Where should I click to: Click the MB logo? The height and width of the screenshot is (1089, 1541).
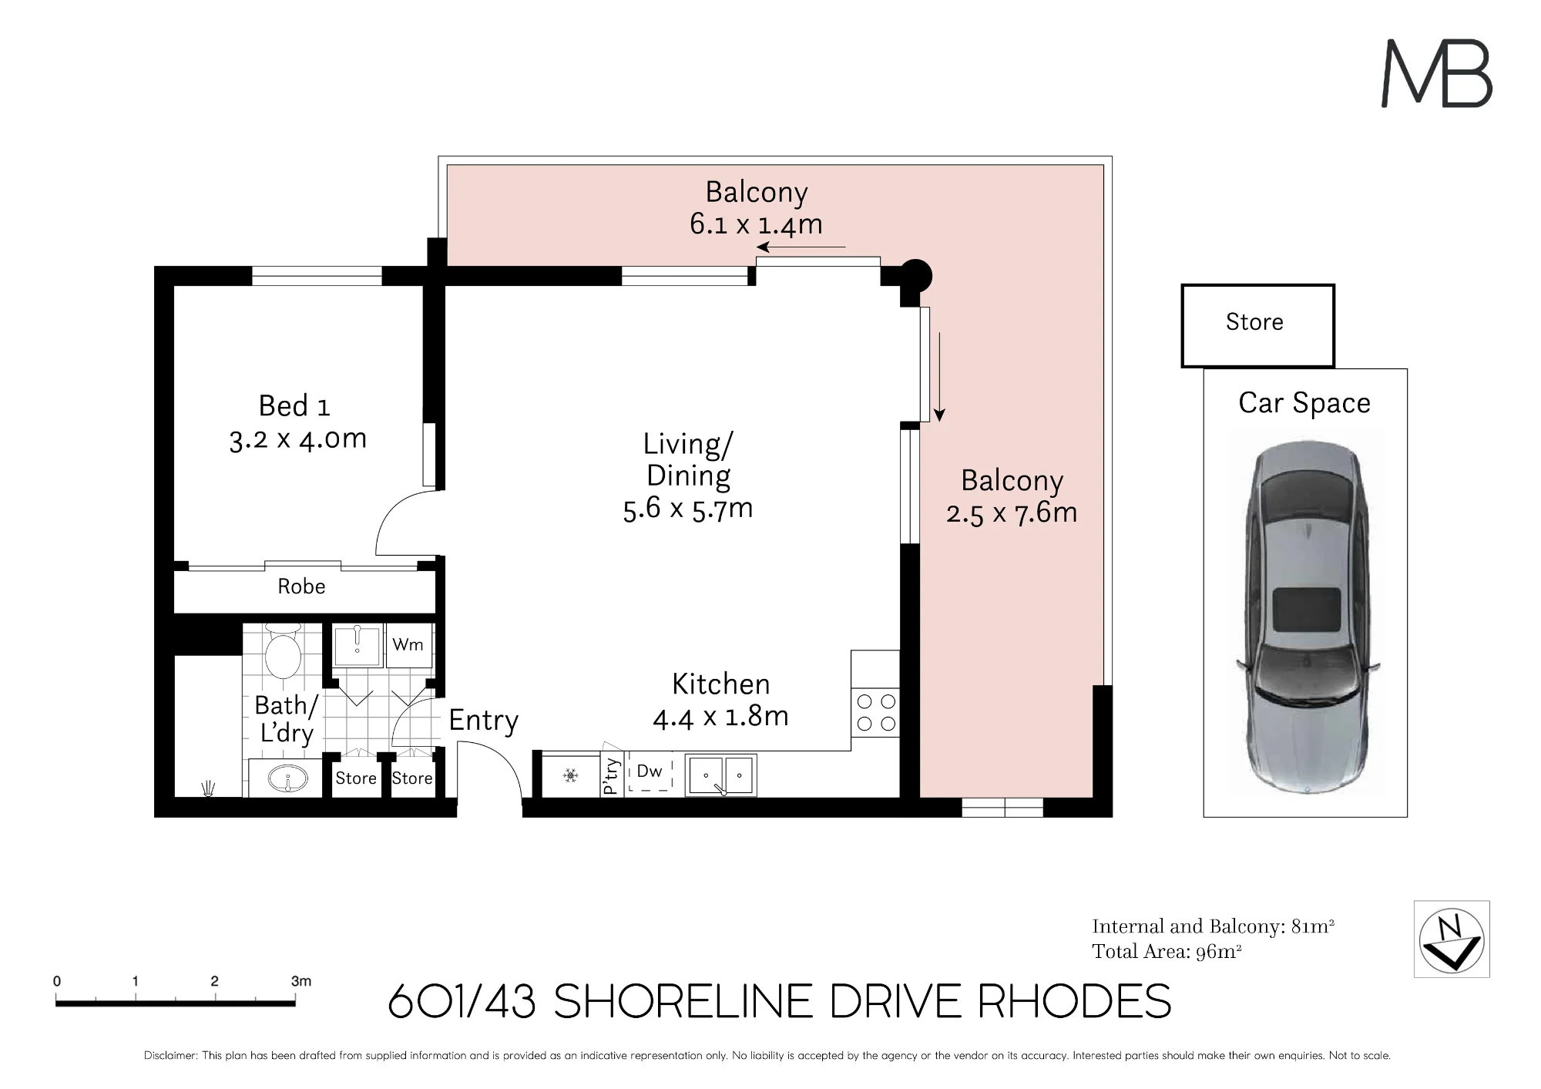tap(1437, 73)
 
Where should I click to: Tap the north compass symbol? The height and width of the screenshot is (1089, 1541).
tap(1452, 939)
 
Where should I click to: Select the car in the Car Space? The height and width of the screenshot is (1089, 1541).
tap(1307, 617)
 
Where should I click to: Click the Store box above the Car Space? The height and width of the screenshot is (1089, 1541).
tap(1257, 325)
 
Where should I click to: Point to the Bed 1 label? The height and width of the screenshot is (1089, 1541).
tap(294, 405)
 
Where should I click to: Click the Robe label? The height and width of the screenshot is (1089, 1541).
tap(301, 587)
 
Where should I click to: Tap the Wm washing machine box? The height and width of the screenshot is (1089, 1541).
tap(408, 645)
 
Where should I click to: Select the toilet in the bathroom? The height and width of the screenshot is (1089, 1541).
tap(283, 652)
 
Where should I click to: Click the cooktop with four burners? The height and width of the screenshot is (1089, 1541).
tap(876, 713)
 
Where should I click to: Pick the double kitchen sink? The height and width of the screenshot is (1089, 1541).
tap(721, 775)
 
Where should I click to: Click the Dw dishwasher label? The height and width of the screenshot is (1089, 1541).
tap(650, 771)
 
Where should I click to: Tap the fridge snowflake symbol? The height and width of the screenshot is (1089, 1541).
tap(570, 775)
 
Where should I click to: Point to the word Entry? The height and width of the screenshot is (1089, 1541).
tap(484, 721)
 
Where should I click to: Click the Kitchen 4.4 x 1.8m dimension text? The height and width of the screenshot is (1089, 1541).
tap(720, 717)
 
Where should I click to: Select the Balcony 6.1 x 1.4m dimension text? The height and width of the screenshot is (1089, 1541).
tap(756, 224)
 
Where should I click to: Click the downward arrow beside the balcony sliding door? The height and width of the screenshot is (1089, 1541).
tap(939, 377)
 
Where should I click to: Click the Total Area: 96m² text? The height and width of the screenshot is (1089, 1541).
tap(1167, 952)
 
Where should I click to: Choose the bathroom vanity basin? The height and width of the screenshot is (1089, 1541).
tap(287, 778)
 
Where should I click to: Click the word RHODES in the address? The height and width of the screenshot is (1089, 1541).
tap(1075, 1002)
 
